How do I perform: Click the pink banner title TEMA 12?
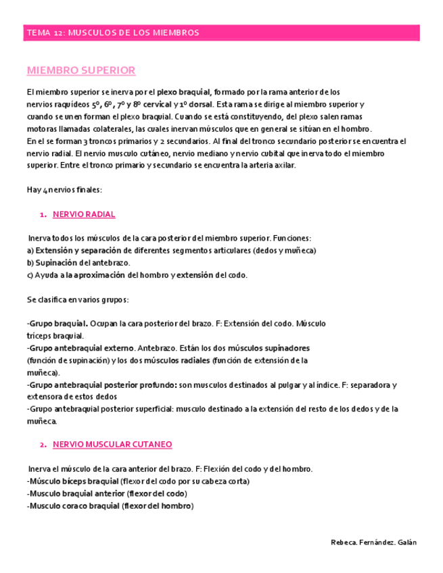point(112,33)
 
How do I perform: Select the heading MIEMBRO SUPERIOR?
point(80,70)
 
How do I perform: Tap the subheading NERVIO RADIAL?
point(84,214)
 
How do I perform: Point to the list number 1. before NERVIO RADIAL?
point(42,214)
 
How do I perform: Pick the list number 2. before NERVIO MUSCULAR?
point(42,444)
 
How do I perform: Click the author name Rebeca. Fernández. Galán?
point(374,543)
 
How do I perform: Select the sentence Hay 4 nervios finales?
point(64,190)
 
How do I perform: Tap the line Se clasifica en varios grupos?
point(78,299)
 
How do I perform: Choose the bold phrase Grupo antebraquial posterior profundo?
point(100,384)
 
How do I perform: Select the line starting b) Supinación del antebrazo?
point(78,263)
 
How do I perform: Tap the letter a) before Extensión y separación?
point(30,251)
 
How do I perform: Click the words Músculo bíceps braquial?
point(73,481)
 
